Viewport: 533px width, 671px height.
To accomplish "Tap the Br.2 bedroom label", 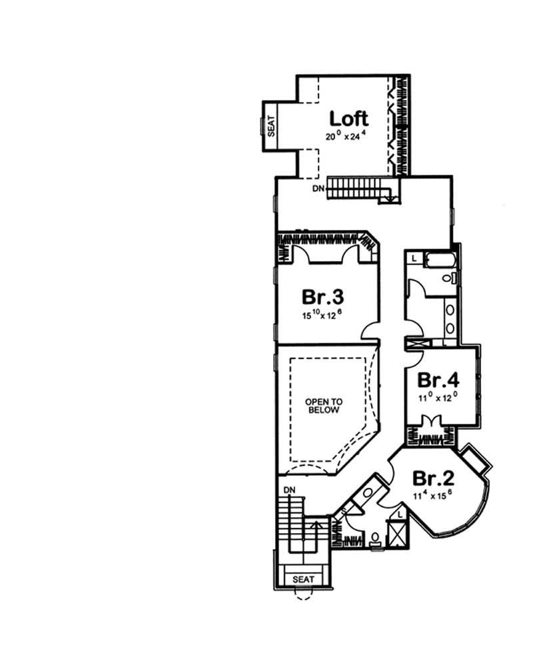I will (434, 478).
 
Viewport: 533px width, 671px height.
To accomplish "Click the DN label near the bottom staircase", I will (289, 490).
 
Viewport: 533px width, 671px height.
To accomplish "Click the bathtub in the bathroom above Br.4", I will (437, 261).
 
